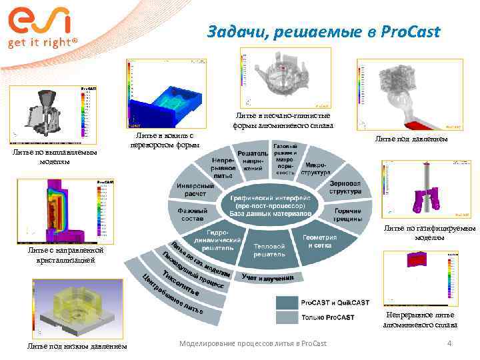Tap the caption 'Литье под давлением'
pos(411,139)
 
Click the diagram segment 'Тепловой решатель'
pos(269,250)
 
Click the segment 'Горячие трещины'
pos(348,214)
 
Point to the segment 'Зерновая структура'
pos(345,187)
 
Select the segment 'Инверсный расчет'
pos(191,189)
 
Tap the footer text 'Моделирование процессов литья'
pos(253,343)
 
